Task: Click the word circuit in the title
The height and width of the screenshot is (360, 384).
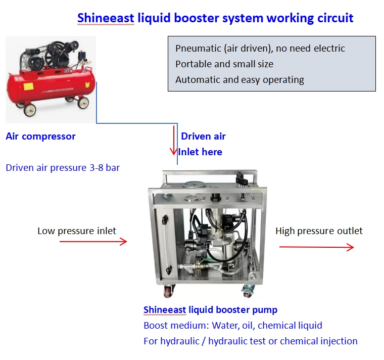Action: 334,18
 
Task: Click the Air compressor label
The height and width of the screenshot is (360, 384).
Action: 40,136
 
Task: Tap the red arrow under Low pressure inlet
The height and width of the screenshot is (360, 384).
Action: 93,242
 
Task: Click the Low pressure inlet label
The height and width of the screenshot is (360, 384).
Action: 77,231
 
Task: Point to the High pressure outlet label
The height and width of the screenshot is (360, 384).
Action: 319,231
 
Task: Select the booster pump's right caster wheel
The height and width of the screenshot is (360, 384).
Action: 249,291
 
